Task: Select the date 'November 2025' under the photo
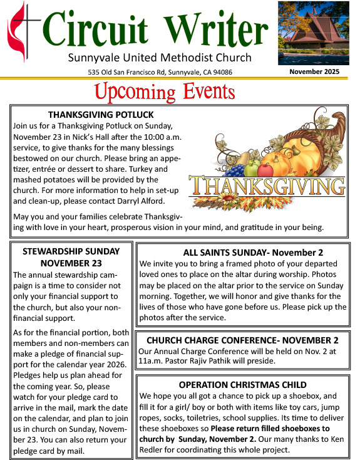click(x=314, y=72)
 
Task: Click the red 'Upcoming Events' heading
click(x=164, y=92)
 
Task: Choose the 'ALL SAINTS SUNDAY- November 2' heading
click(x=244, y=253)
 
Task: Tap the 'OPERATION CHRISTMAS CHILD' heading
click(x=242, y=384)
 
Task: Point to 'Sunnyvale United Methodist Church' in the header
click(x=160, y=58)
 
